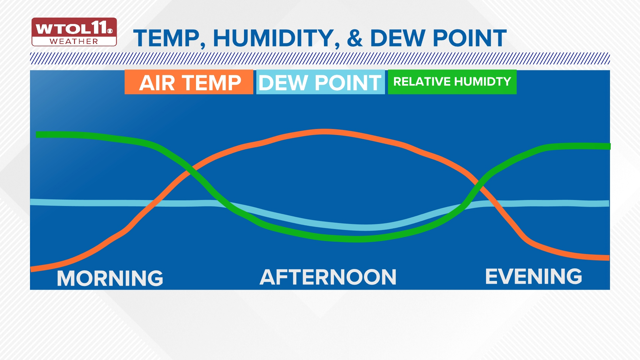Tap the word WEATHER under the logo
(74, 41)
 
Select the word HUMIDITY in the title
(273, 38)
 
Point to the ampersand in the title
(355, 38)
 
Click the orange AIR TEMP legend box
(189, 82)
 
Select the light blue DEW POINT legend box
(320, 82)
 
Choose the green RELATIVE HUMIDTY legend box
(452, 82)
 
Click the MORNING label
(110, 278)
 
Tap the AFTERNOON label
(328, 277)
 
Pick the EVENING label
(533, 276)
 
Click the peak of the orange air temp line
(324, 132)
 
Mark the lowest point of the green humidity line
(357, 239)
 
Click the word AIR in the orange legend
(157, 83)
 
